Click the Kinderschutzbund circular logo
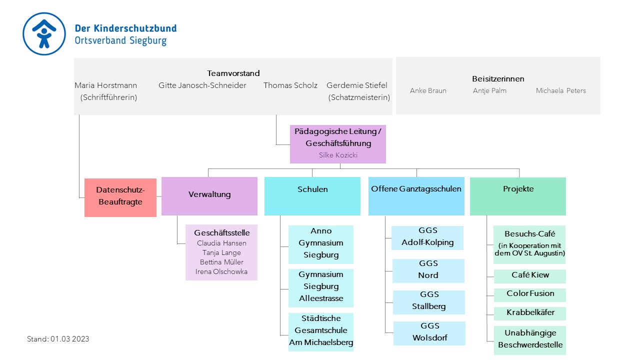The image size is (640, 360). pyautogui.click(x=44, y=33)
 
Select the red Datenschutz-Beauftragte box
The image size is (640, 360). pyautogui.click(x=120, y=197)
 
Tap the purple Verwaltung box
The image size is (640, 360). pyautogui.click(x=209, y=196)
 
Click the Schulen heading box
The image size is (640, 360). pyautogui.click(x=312, y=196)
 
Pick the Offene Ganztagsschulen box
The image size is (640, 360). pyautogui.click(x=416, y=196)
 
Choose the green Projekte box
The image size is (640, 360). pyautogui.click(x=517, y=196)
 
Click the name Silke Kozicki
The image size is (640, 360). pyautogui.click(x=338, y=155)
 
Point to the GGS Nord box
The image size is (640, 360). pyautogui.click(x=428, y=271)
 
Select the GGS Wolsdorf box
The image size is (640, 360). pyautogui.click(x=429, y=333)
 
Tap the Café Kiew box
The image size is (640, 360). pyautogui.click(x=529, y=276)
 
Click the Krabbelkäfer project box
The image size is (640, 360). pyautogui.click(x=529, y=313)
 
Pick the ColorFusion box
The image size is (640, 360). pyautogui.click(x=529, y=295)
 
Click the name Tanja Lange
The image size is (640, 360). pyautogui.click(x=221, y=253)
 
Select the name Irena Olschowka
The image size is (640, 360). pyautogui.click(x=221, y=271)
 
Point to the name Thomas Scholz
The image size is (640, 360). pyautogui.click(x=290, y=85)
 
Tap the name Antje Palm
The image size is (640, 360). pyautogui.click(x=489, y=91)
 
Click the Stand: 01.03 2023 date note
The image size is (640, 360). pyautogui.click(x=58, y=339)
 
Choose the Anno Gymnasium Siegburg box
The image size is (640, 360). pyautogui.click(x=321, y=244)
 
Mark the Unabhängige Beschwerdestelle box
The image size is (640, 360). pyautogui.click(x=529, y=340)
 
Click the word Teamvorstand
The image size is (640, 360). pyautogui.click(x=233, y=73)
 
